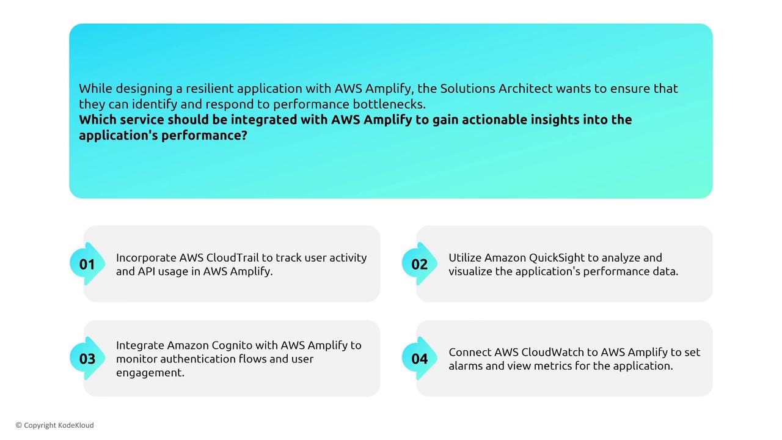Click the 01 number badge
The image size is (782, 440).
[x=87, y=264]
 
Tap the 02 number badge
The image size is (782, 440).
[x=419, y=264]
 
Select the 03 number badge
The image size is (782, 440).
[x=87, y=358]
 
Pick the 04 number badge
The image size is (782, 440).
[x=419, y=358]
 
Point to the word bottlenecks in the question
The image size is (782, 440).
[x=389, y=104]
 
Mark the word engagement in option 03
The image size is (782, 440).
[x=150, y=373]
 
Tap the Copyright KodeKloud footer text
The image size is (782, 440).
[x=55, y=425]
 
